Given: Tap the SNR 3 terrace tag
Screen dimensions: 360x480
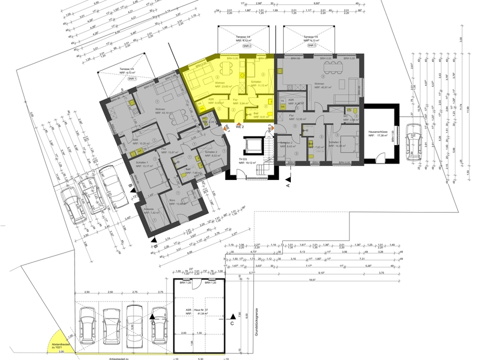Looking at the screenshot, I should click(x=311, y=45).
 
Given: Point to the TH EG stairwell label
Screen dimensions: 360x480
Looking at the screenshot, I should click(x=246, y=161).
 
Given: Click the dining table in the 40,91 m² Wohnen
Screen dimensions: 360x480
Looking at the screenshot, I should click(x=332, y=64).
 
